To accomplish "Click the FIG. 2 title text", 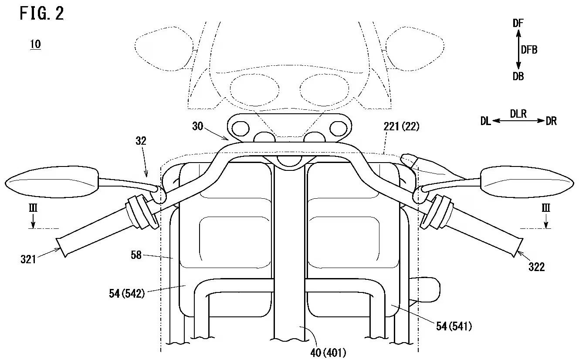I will [x=42, y=14].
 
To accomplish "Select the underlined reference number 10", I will [x=35, y=45].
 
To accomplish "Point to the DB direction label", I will [x=518, y=76].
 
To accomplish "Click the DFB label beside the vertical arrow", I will [x=529, y=50].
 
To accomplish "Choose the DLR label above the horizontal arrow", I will [x=518, y=114].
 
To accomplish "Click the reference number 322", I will [x=536, y=267].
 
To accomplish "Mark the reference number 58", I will [x=136, y=255].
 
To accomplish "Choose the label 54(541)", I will [x=454, y=325].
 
